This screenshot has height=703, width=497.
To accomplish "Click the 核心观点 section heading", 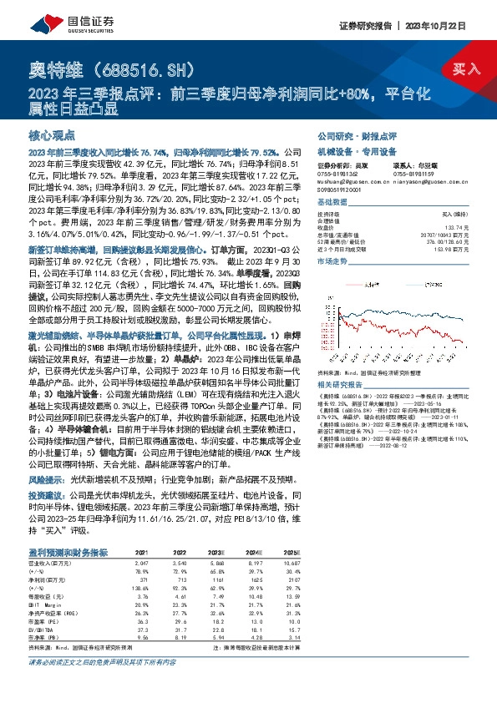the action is (x=52, y=134).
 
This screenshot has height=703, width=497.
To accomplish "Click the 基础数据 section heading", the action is (x=331, y=203).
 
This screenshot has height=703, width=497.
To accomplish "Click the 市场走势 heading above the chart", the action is (x=331, y=261).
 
